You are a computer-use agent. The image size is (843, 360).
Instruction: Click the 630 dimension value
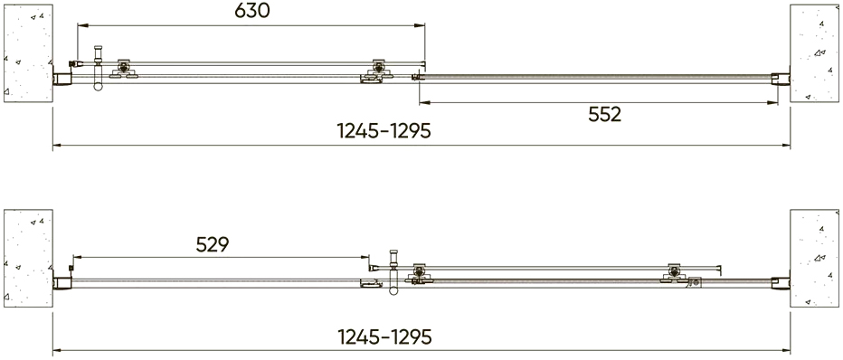coord(252,10)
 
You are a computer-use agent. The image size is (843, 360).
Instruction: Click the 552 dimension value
coord(604,114)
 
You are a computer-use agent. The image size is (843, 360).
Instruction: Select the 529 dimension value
coord(213,244)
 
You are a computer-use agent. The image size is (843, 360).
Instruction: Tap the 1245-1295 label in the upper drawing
coord(384,131)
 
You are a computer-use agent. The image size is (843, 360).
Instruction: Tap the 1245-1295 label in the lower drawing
coord(384,336)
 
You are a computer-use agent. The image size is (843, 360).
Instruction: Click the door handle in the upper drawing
coord(98,68)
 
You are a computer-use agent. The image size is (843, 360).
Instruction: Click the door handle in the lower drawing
coord(393,272)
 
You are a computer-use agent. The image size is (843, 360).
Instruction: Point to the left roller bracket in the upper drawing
coord(124,69)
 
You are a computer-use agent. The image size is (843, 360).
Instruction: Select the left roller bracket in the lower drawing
coord(420,273)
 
